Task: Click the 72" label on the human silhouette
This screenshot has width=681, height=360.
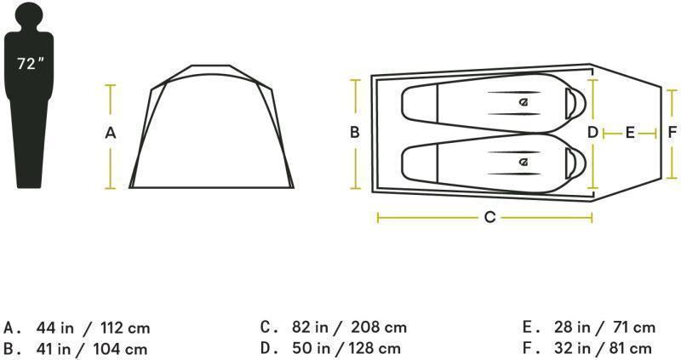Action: tap(31, 64)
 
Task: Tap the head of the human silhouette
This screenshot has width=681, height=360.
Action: tap(31, 15)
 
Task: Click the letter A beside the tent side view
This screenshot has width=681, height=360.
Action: tap(110, 133)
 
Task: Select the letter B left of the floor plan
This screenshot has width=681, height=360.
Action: tap(354, 132)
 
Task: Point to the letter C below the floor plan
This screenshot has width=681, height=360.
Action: tap(489, 218)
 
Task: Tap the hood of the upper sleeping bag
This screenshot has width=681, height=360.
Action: tap(575, 104)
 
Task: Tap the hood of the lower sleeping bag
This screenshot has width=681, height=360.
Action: tap(575, 161)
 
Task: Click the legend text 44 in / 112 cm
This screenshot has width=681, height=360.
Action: tap(94, 328)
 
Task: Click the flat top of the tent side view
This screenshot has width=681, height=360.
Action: tap(210, 66)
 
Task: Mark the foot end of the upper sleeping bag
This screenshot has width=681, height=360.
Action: tap(417, 104)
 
